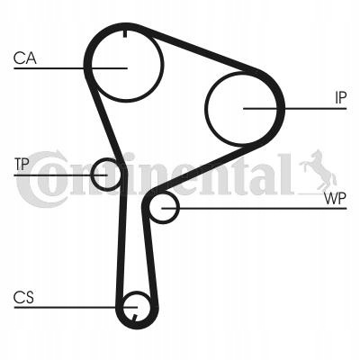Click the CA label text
[x=25, y=58]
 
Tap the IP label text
[x=340, y=98]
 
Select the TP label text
[x=22, y=165]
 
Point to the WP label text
[x=335, y=198]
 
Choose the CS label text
[x=23, y=297]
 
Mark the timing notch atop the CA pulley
[x=124, y=33]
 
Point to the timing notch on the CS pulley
[x=134, y=317]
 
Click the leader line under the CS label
[x=76, y=307]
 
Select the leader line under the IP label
[x=294, y=108]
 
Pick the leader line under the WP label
[x=254, y=208]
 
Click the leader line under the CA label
[x=70, y=68]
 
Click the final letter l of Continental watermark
[x=285, y=174]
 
